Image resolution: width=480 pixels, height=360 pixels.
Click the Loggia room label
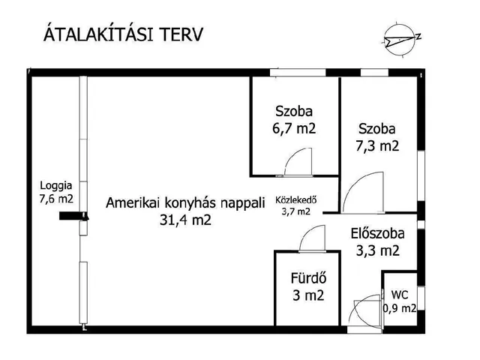point(56,184)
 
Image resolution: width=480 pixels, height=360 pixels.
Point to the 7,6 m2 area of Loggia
point(56,199)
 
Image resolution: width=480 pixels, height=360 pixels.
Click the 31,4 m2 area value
point(185,220)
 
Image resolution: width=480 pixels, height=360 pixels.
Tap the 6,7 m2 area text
point(295,128)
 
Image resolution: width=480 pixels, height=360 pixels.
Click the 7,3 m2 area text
point(377,145)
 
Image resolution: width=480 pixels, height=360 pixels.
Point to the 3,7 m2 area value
point(295,211)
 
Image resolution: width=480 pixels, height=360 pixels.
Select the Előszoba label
point(374,233)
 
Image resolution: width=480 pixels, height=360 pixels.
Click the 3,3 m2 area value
point(374,250)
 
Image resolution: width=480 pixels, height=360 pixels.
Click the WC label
point(400,295)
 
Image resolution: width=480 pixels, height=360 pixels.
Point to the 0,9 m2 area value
point(400,307)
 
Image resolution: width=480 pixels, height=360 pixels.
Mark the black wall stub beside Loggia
point(73,217)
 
